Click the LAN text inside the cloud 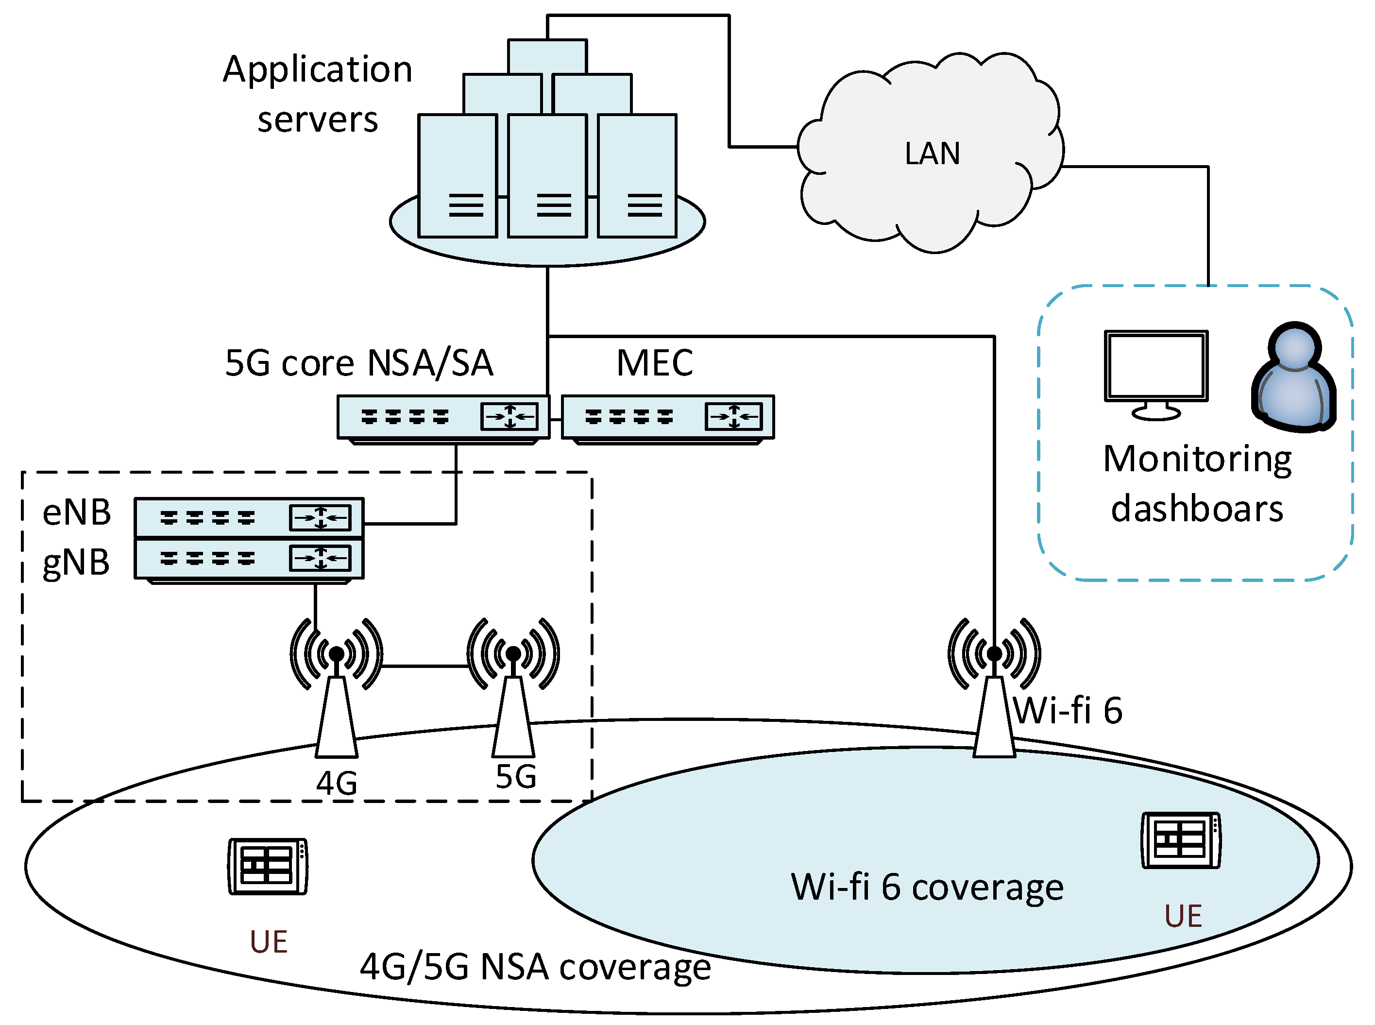coord(932,153)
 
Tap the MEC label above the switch coord(654,362)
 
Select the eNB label coord(76,512)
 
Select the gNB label coord(76,563)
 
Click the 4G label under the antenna coord(337,783)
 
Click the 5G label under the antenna coord(515,777)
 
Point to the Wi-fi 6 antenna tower coord(994,714)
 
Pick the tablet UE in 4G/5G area coord(267,866)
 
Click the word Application coord(318,69)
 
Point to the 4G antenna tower coord(336,714)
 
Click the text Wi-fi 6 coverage coord(927,887)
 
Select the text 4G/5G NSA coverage coord(535,967)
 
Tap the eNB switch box coord(249,517)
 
